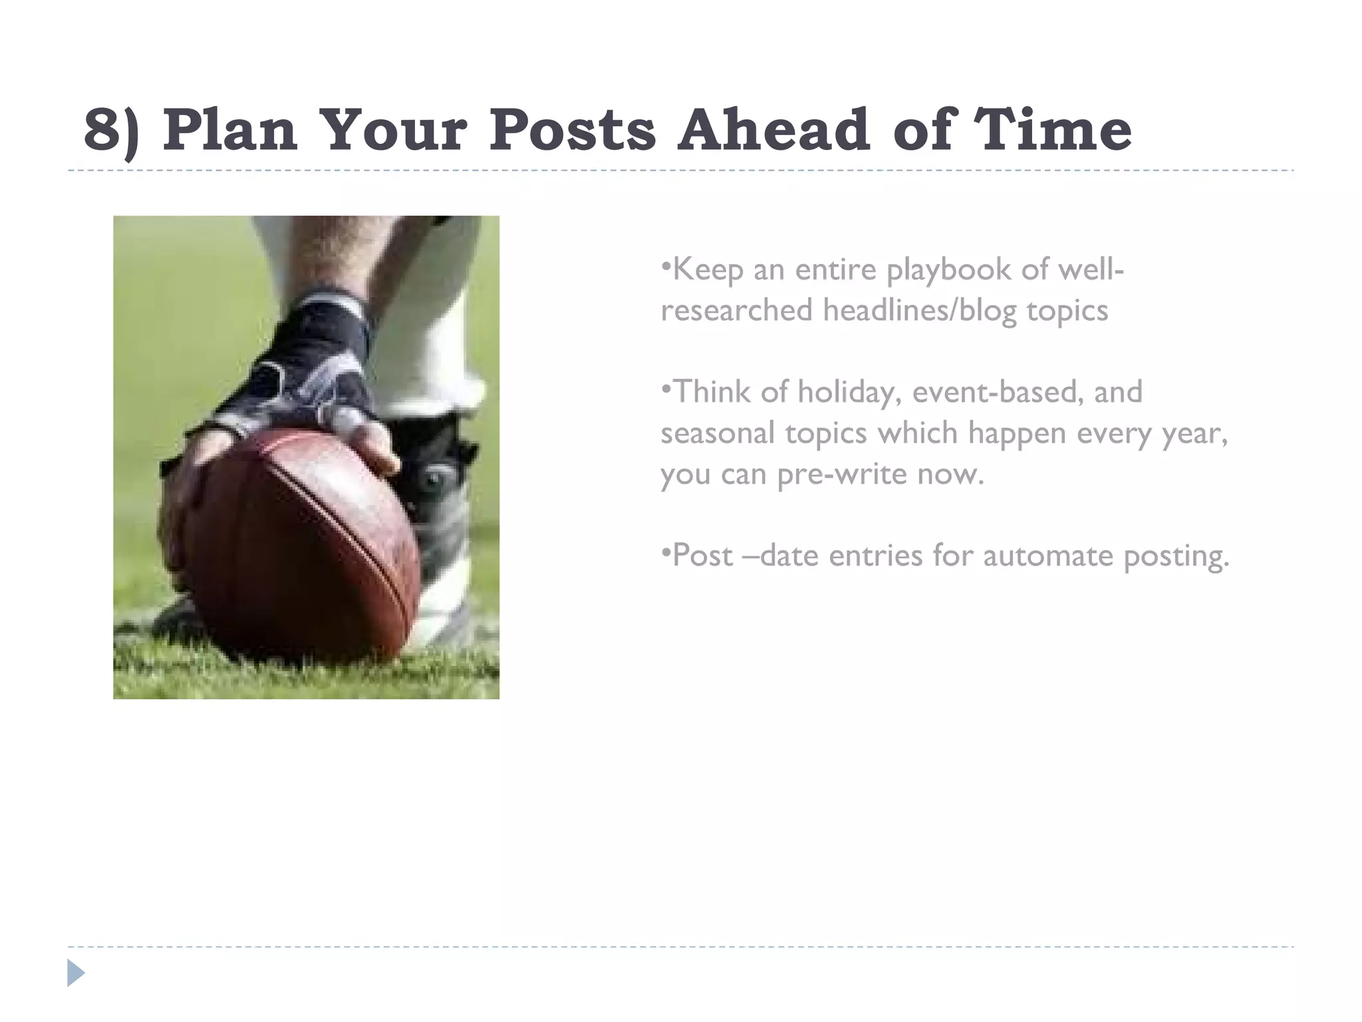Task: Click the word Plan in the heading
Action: pos(229,129)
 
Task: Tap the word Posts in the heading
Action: pos(573,129)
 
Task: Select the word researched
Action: pos(736,311)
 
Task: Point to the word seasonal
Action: pos(718,433)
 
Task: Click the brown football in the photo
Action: pos(299,546)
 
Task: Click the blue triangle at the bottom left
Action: pos(76,973)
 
